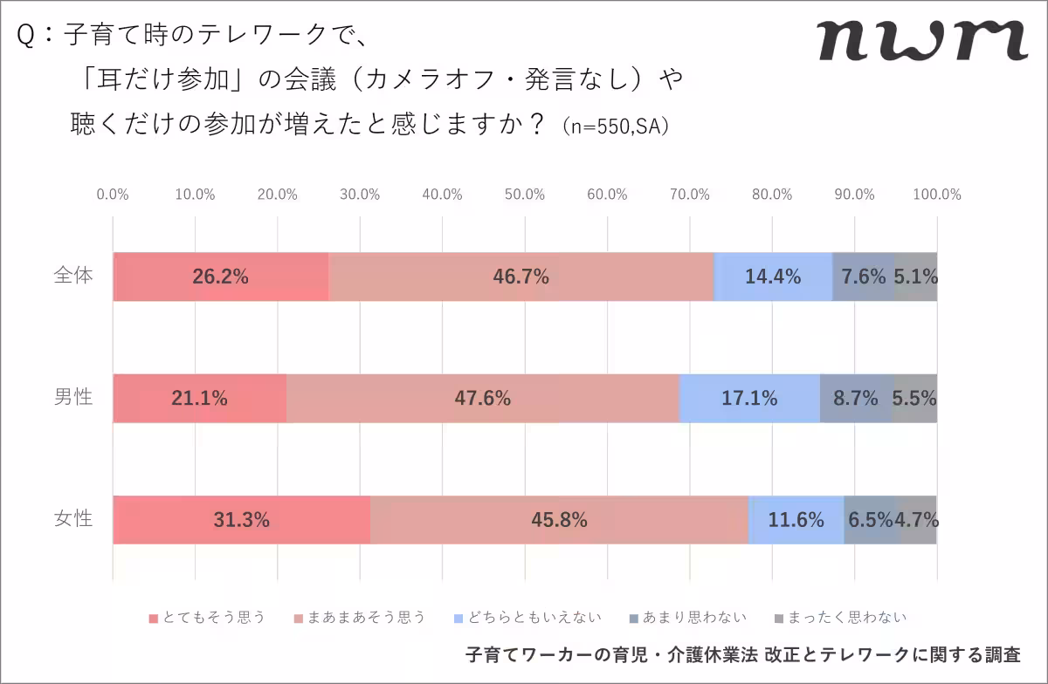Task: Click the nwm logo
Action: click(x=921, y=40)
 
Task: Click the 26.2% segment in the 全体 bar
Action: click(x=220, y=277)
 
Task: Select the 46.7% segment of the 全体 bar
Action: click(x=521, y=277)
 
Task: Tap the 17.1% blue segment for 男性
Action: click(x=749, y=399)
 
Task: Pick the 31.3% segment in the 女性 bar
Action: click(x=241, y=520)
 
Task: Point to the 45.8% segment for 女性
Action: click(x=559, y=520)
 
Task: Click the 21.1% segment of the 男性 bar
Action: click(x=199, y=399)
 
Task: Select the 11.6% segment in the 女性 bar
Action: click(x=796, y=520)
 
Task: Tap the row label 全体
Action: click(x=72, y=276)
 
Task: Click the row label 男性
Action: click(x=72, y=398)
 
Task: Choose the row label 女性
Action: click(x=72, y=519)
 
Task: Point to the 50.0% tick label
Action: click(x=525, y=195)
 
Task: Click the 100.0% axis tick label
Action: click(x=936, y=195)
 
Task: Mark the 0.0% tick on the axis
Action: click(x=113, y=195)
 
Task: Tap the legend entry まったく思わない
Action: click(x=840, y=618)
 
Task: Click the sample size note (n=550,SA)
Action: click(x=617, y=127)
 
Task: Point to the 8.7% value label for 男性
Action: click(x=856, y=399)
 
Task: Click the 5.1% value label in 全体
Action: click(x=915, y=277)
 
